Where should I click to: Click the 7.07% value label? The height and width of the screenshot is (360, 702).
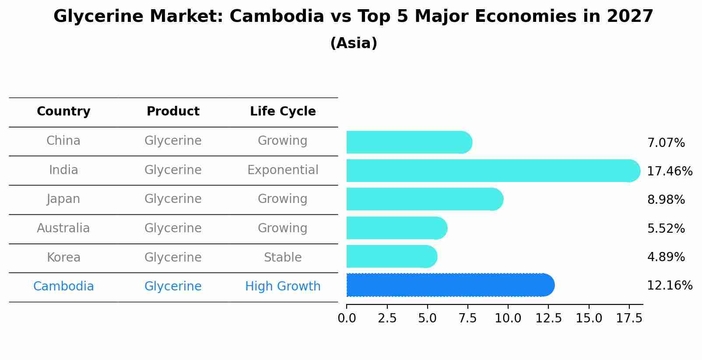pos(666,143)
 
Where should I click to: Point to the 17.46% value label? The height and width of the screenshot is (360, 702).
pos(669,171)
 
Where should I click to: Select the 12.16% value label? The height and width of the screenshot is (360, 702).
pos(669,286)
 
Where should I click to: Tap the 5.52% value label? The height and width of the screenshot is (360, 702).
pos(666,228)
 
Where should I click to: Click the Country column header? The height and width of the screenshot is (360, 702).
pos(63,112)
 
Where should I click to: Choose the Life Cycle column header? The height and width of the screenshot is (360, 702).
pos(283,112)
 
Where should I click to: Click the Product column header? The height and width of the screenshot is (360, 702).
pos(173,112)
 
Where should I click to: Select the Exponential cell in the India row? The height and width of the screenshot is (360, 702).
pos(283,170)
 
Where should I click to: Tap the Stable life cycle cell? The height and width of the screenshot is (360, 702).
pos(283,257)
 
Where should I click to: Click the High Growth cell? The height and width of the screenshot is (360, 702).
pos(283,287)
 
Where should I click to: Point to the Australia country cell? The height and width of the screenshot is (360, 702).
pos(63,228)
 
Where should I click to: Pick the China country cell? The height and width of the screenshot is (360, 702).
pos(63,141)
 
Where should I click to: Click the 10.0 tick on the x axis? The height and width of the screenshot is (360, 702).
pos(508,318)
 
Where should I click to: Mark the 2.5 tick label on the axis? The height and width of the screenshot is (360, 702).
pos(387,318)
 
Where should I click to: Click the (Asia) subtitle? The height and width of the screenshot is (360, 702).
pos(354,43)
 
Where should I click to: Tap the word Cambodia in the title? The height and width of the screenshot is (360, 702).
pos(277,17)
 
